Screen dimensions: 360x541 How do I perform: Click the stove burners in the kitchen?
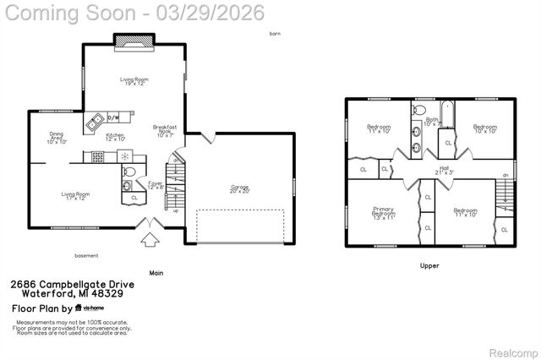[98, 156]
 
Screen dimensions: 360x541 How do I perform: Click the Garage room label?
[240, 188]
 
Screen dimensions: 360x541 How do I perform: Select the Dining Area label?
[57, 137]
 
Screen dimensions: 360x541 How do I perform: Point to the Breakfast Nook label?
[164, 130]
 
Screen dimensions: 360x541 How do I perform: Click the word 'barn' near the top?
[274, 34]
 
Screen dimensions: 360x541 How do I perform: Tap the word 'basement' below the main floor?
[86, 255]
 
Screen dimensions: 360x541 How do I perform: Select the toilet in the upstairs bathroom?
[418, 111]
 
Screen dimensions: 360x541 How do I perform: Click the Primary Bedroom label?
[384, 214]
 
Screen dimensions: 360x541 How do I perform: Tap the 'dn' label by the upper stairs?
[505, 175]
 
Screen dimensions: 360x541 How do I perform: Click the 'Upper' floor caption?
[429, 265]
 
